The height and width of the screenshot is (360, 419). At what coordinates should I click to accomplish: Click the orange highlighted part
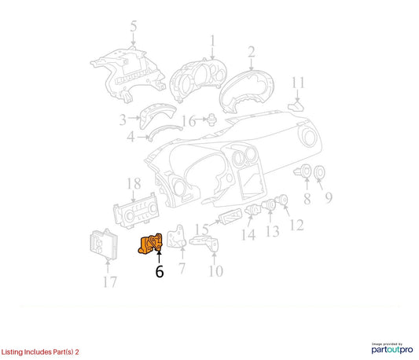point(150,244)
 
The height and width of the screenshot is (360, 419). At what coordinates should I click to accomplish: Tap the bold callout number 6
point(160,271)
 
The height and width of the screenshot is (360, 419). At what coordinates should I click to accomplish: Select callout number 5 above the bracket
point(134,26)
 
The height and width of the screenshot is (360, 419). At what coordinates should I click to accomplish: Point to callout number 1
point(213,41)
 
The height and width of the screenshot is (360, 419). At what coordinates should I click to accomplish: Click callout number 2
point(252,52)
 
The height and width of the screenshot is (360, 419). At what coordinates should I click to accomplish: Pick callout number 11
point(298,83)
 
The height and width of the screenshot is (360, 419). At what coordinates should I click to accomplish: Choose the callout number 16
point(189,121)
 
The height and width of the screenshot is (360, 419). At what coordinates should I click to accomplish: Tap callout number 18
point(134,183)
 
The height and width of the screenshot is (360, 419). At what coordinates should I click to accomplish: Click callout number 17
point(110,281)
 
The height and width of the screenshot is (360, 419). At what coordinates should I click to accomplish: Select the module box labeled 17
point(104,244)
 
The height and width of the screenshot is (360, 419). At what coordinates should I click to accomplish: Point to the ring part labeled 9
point(319,172)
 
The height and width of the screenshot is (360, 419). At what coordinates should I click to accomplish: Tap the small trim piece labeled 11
point(296,106)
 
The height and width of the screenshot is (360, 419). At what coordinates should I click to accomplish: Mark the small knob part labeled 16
point(212,119)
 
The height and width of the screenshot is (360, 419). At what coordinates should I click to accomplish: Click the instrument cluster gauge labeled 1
point(198,79)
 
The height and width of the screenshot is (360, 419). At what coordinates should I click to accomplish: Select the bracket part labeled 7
point(176,237)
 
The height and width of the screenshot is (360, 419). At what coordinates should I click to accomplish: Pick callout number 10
point(216,271)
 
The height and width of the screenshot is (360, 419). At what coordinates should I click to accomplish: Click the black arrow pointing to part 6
point(159,257)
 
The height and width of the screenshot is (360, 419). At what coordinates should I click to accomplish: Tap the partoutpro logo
point(392,349)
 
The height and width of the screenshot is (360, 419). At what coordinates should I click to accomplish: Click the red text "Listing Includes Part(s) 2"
point(40,352)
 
